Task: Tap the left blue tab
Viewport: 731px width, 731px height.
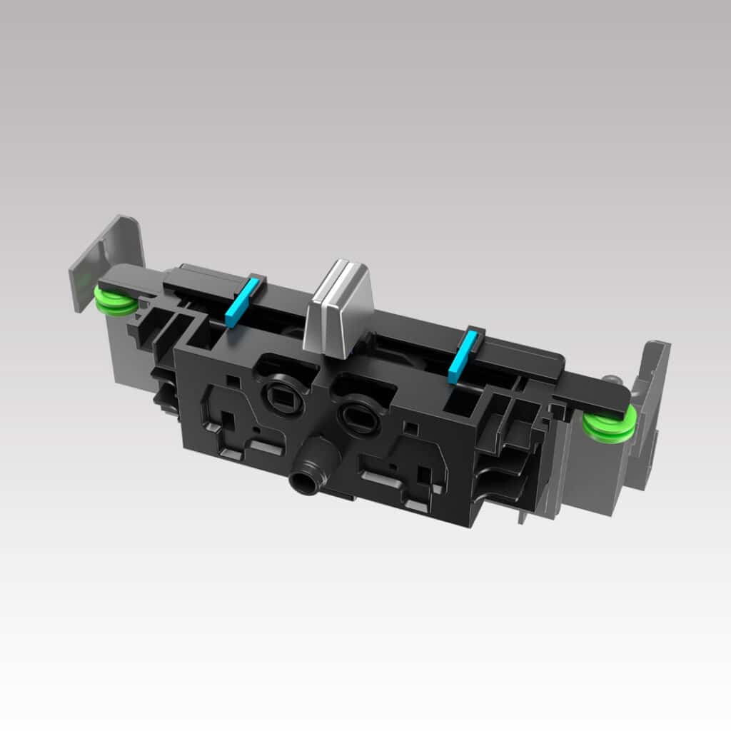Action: [x=238, y=303]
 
